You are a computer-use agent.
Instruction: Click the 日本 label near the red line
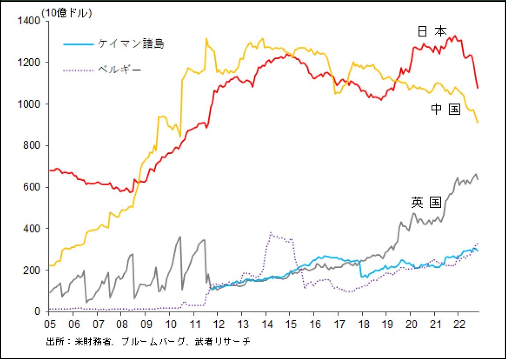[x=432, y=31]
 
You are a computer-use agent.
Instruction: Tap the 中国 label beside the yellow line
[x=446, y=109]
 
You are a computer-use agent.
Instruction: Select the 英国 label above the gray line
[x=426, y=202]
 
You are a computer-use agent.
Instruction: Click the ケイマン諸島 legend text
[x=131, y=44]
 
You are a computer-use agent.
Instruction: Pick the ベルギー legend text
[x=119, y=69]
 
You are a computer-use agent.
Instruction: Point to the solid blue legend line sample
[x=79, y=44]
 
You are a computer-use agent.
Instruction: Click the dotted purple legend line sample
[x=79, y=69]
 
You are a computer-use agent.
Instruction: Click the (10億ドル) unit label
[x=67, y=14]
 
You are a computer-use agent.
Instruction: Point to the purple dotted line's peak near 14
[x=271, y=232]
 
